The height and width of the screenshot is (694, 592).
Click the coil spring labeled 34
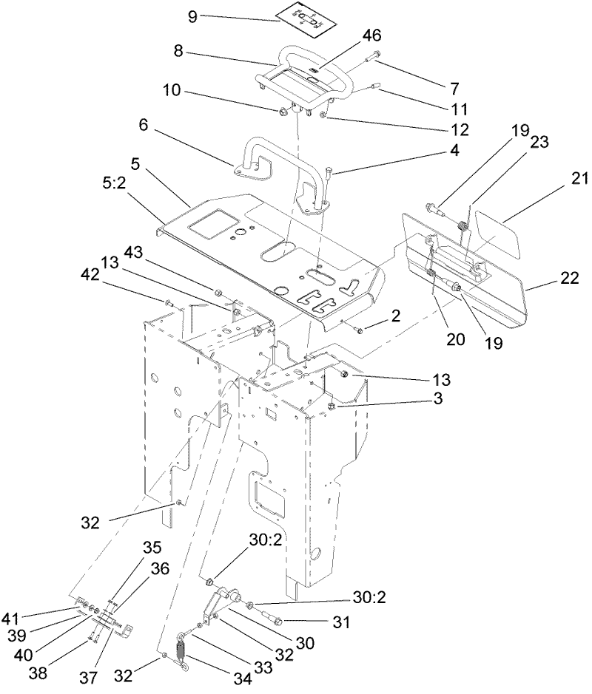181,651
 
